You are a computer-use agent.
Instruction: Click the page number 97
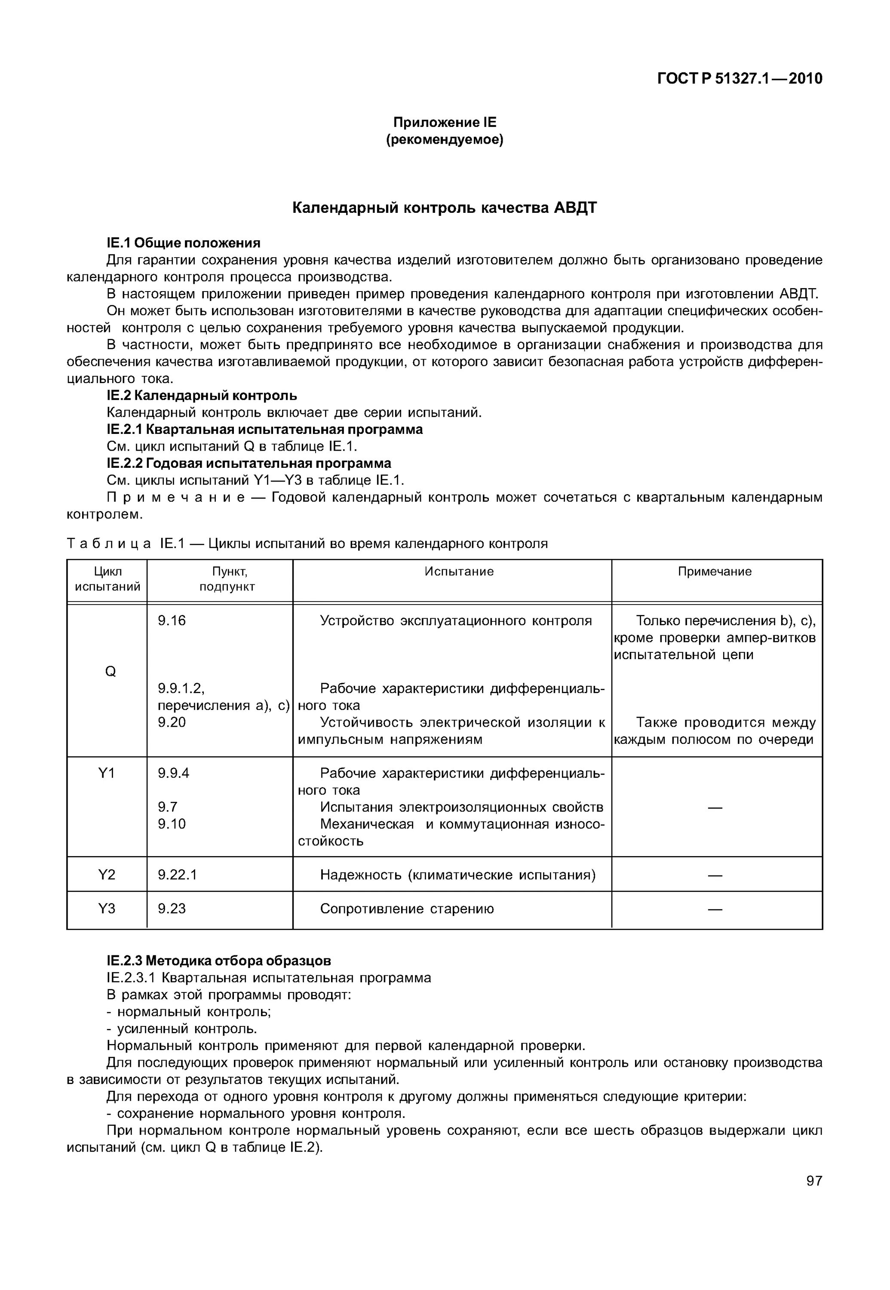point(813,1181)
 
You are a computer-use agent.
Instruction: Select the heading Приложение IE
point(445,122)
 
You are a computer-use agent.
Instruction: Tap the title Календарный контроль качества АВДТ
point(445,208)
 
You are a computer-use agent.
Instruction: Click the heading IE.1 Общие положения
point(184,243)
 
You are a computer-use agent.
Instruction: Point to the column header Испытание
point(458,571)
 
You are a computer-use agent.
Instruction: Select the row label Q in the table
point(110,672)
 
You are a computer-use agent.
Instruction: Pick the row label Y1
point(107,773)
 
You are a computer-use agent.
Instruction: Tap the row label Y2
point(107,875)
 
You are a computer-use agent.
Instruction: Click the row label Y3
point(107,909)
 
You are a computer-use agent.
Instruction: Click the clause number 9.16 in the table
point(172,621)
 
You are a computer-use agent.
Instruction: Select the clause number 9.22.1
point(177,875)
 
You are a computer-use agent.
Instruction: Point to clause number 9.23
point(172,909)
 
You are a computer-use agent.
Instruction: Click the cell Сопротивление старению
point(407,909)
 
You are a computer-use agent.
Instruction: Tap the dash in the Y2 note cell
point(715,875)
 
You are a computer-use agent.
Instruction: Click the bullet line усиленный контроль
point(182,1029)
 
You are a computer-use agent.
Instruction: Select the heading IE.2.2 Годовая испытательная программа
point(249,464)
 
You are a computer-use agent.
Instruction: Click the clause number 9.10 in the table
point(172,824)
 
